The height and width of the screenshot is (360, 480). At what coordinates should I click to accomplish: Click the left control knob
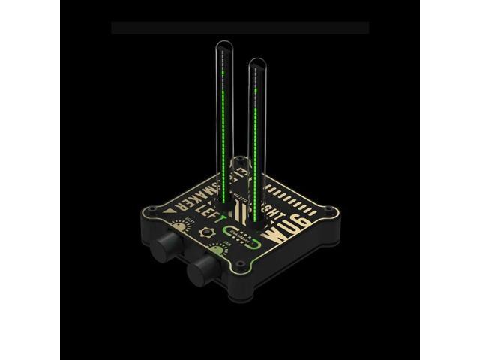click(x=165, y=247)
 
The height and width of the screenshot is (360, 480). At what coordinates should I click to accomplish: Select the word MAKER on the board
click(x=193, y=196)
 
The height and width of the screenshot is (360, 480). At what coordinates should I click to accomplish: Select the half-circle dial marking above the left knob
click(x=178, y=224)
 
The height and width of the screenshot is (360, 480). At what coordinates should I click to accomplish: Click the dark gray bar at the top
click(x=240, y=28)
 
